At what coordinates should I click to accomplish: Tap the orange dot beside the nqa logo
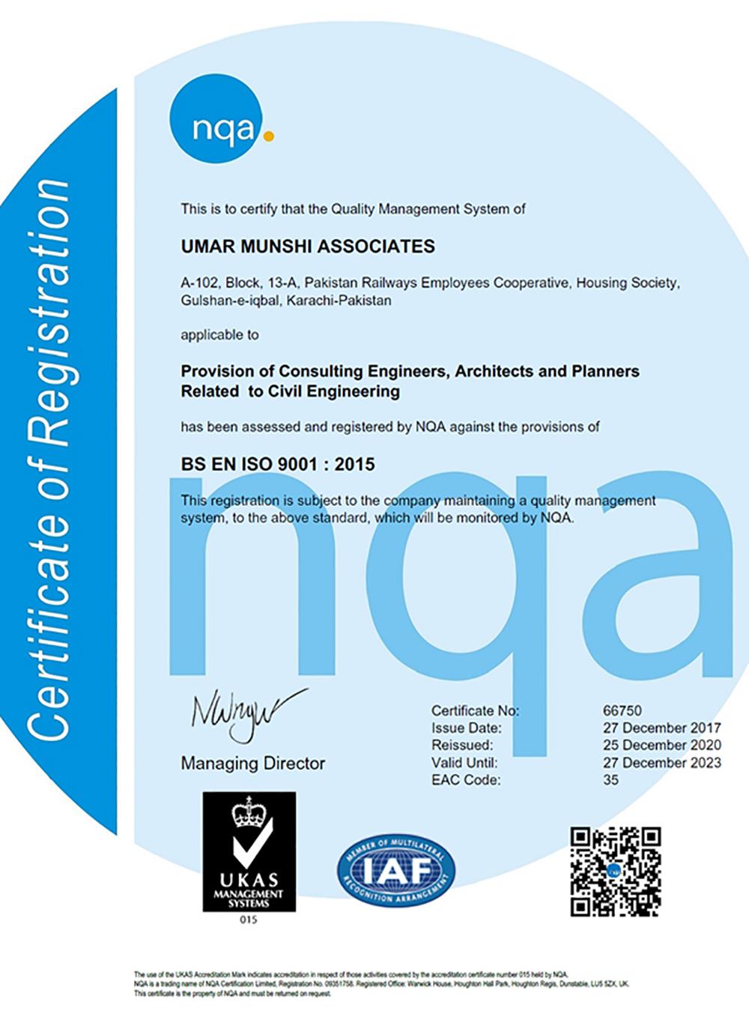pyautogui.click(x=270, y=137)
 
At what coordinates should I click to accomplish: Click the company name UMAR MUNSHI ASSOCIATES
pyautogui.click(x=308, y=247)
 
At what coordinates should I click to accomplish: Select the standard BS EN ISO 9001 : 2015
pyautogui.click(x=278, y=464)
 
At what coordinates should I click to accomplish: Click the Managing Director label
pyautogui.click(x=253, y=764)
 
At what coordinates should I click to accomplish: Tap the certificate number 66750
pyautogui.click(x=622, y=710)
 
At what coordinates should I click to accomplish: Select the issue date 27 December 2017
pyautogui.click(x=662, y=728)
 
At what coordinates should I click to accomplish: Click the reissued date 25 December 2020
pyautogui.click(x=662, y=745)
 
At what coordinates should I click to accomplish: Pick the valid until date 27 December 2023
pyautogui.click(x=662, y=763)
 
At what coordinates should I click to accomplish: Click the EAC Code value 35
pyautogui.click(x=611, y=780)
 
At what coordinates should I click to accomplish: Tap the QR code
pyautogui.click(x=615, y=871)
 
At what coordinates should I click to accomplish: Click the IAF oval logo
pyautogui.click(x=395, y=870)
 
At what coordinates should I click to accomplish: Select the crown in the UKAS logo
pyautogui.click(x=248, y=813)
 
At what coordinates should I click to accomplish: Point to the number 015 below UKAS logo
pyautogui.click(x=249, y=920)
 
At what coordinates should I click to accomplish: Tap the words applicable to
pyautogui.click(x=219, y=335)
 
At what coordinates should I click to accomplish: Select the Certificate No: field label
pyautogui.click(x=475, y=710)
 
